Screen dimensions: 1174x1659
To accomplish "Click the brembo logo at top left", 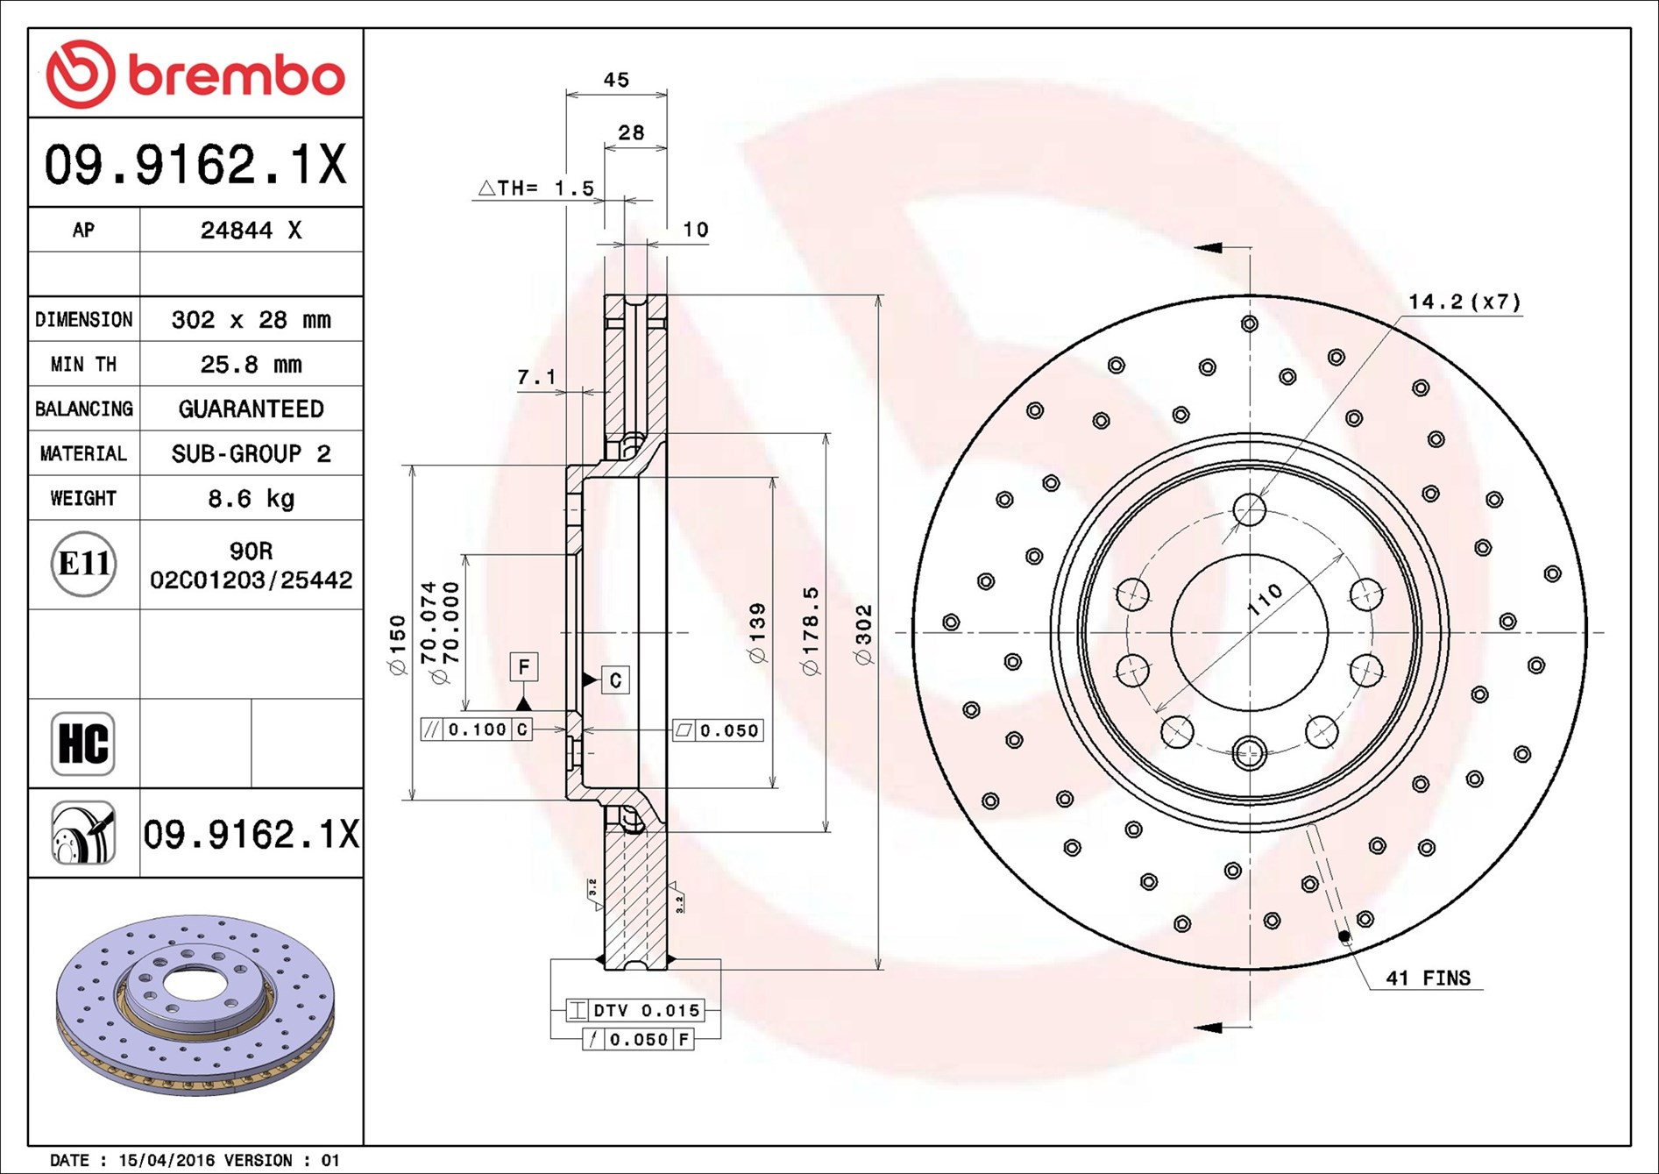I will click(195, 75).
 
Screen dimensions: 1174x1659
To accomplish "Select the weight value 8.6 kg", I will click(251, 499).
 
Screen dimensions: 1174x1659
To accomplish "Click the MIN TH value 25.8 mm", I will click(251, 365).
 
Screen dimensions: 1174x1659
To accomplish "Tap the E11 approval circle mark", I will click(83, 564).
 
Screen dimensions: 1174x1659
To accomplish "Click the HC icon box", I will click(83, 744).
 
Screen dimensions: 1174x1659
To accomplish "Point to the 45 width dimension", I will click(616, 80).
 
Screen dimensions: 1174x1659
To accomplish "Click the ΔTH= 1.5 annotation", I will click(536, 189).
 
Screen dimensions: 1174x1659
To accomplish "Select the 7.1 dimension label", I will click(536, 377).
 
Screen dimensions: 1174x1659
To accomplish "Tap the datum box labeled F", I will click(524, 667).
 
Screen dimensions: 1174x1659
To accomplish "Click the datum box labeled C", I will click(615, 679).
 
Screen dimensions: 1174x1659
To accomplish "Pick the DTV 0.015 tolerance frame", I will click(635, 1010).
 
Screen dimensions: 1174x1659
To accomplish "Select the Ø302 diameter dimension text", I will click(864, 635).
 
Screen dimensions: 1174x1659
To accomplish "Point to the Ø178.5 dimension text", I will click(811, 631).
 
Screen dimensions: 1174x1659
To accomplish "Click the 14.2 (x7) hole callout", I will click(1464, 302).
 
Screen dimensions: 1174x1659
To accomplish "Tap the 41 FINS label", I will click(1428, 978).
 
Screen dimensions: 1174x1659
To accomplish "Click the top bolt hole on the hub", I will click(1249, 509).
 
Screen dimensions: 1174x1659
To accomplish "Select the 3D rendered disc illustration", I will click(195, 1004).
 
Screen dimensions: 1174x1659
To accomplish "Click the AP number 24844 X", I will click(251, 231).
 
